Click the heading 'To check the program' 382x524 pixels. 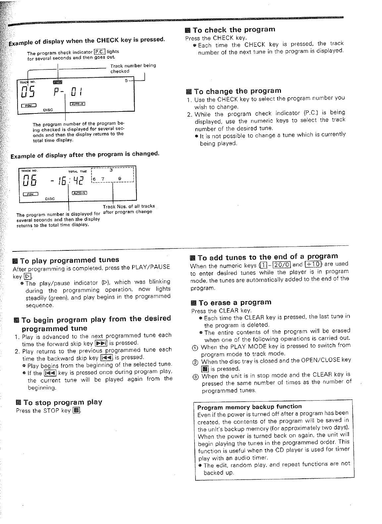pyautogui.click(x=234, y=30)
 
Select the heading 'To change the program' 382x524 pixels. pyautogui.click(x=238, y=91)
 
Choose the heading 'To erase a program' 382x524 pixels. pyautogui.click(x=235, y=302)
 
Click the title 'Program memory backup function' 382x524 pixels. pyautogui.click(x=249, y=407)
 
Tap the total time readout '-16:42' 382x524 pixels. pyautogui.click(x=69, y=181)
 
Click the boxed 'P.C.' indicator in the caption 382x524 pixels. pyautogui.click(x=99, y=51)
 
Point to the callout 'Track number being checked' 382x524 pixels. pyautogui.click(x=133, y=68)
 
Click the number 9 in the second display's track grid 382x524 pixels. pyautogui.click(x=120, y=179)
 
